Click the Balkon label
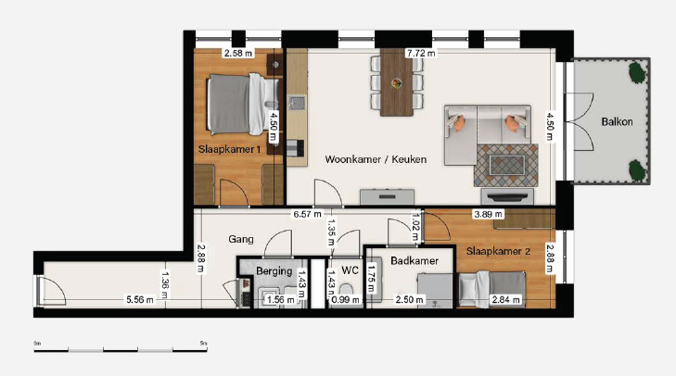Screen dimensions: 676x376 click(x=617, y=122)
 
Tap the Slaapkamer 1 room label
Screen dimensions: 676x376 click(x=229, y=149)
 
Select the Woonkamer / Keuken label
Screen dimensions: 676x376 click(x=376, y=159)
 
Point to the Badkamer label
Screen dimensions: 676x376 click(x=415, y=260)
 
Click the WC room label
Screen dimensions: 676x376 click(x=350, y=270)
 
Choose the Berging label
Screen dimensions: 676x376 click(x=274, y=271)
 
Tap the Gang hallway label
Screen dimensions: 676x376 click(x=241, y=239)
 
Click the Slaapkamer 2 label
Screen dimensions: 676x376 click(x=498, y=251)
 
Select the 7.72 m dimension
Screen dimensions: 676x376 click(x=421, y=54)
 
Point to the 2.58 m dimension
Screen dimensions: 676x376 click(x=238, y=54)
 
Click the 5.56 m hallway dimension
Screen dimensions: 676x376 click(x=140, y=300)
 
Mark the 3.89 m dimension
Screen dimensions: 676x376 click(x=488, y=214)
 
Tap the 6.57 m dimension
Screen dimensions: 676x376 click(x=307, y=214)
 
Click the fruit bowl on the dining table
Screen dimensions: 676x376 click(x=397, y=83)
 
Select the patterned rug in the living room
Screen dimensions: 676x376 click(x=506, y=166)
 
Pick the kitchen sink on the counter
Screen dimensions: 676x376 click(x=297, y=103)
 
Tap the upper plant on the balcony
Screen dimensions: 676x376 click(x=637, y=72)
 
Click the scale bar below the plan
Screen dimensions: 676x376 click(x=121, y=350)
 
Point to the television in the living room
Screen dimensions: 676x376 click(x=507, y=196)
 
